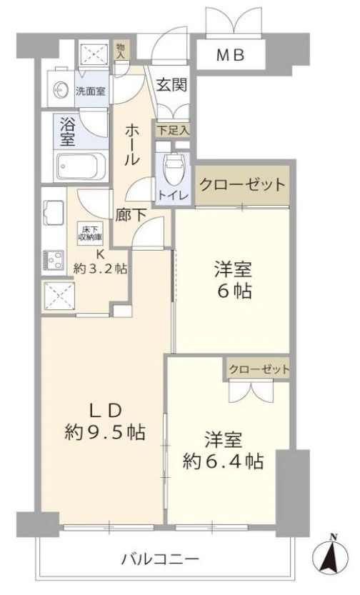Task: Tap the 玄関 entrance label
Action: point(172,85)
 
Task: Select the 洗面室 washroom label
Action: point(91,91)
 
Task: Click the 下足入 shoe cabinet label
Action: point(174,130)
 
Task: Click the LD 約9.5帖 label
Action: point(104,421)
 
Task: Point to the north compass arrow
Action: point(332,557)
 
